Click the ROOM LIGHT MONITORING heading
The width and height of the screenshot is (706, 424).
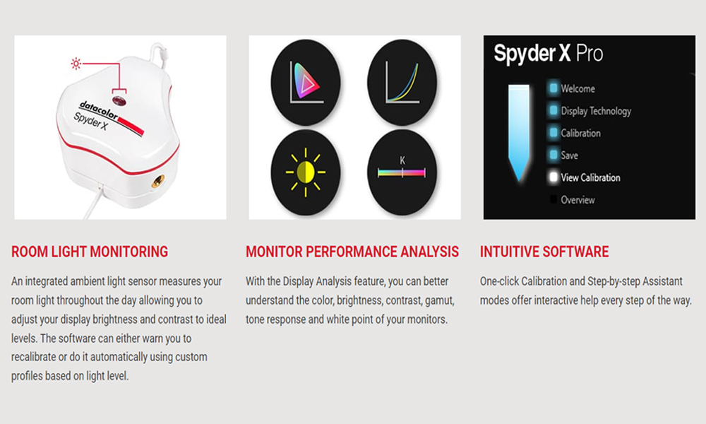(x=90, y=252)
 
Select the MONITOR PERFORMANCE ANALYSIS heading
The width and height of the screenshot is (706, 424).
(x=352, y=252)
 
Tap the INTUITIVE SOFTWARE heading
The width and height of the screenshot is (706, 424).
(x=544, y=252)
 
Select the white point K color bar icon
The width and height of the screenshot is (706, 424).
(x=402, y=172)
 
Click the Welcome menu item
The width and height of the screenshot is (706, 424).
(x=578, y=88)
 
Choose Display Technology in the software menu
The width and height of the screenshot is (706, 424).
(x=595, y=111)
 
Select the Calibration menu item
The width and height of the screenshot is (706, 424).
(x=580, y=133)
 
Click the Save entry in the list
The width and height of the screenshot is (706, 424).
(x=570, y=155)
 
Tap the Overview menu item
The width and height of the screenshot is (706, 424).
(x=578, y=200)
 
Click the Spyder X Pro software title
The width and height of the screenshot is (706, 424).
(x=549, y=54)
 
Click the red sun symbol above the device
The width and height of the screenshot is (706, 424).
(x=76, y=64)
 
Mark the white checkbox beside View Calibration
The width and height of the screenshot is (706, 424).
(x=553, y=177)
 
